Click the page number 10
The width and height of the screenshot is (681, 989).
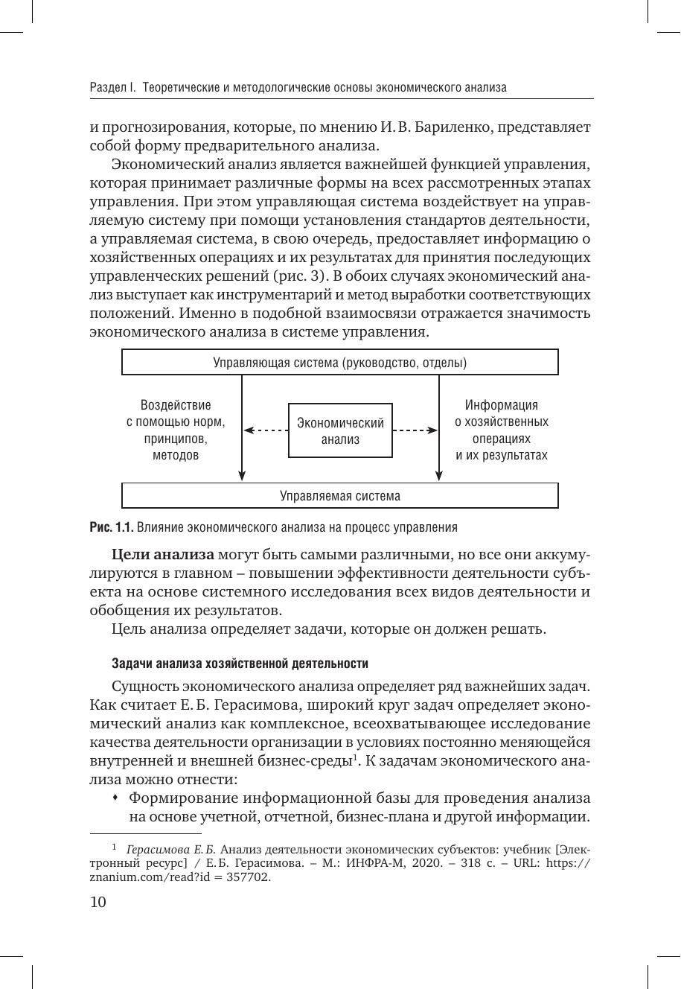point(98,903)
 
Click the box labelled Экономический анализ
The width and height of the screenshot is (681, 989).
point(340,431)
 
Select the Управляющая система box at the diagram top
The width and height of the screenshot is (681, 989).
point(339,363)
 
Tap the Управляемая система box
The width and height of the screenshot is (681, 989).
point(339,496)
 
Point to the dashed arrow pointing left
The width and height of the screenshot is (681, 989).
point(266,430)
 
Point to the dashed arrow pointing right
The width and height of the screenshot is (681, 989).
point(415,430)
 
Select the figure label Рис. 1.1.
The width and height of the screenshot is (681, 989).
point(112,527)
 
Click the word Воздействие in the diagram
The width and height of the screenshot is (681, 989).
point(176,405)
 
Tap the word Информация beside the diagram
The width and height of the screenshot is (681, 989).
point(502,405)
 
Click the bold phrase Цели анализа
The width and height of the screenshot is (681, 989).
point(163,554)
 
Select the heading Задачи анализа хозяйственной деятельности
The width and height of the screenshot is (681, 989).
point(240,663)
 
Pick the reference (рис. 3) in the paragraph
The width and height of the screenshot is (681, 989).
point(301,276)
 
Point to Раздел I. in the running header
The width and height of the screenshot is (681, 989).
point(112,87)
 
